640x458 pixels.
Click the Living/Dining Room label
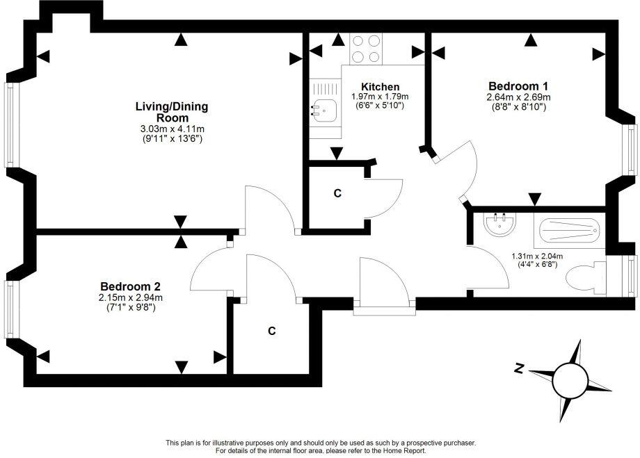(171, 112)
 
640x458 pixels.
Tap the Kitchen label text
(379, 86)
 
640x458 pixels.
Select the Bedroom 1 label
(518, 86)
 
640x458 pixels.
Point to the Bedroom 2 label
(131, 286)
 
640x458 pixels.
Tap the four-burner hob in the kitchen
(366, 49)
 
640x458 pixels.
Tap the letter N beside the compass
(519, 370)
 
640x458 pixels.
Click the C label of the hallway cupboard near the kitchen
(337, 194)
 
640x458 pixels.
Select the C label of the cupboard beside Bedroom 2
(272, 332)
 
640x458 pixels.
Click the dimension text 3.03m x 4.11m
(171, 129)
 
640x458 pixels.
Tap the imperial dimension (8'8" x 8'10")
(518, 107)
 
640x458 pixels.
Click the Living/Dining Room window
(11, 125)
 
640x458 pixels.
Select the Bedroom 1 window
(630, 152)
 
